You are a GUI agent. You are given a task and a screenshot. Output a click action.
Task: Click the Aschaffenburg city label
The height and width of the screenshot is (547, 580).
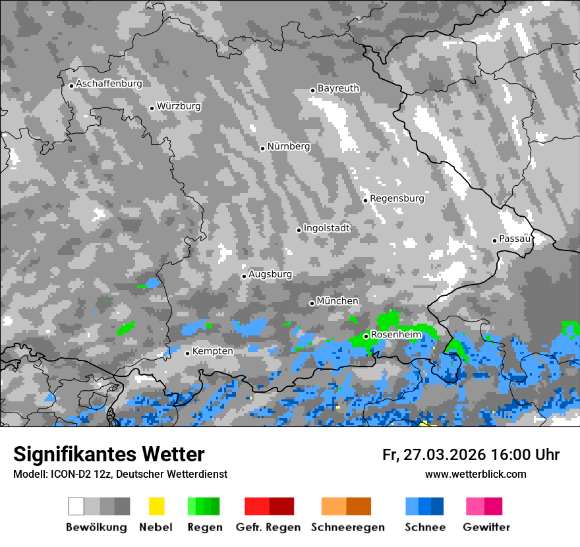109,84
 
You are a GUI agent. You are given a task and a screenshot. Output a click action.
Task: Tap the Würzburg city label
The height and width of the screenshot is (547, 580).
179,106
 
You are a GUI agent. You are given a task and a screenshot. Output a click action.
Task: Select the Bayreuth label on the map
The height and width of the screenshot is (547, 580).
338,88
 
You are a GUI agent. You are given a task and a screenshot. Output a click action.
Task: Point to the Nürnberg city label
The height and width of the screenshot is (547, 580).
288,146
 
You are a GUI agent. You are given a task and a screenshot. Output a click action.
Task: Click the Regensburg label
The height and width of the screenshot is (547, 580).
397,198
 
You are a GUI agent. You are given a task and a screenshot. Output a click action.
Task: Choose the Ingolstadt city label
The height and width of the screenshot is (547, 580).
326,228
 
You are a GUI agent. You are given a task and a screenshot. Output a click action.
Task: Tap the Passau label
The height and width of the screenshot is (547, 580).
515,239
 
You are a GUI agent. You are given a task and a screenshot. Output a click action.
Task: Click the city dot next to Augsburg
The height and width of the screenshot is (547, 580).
244,276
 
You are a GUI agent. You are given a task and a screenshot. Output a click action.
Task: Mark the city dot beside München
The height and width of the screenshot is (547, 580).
312,303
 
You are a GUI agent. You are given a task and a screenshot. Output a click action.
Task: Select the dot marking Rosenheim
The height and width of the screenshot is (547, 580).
366,336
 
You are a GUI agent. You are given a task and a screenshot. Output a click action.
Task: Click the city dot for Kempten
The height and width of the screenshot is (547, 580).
187,353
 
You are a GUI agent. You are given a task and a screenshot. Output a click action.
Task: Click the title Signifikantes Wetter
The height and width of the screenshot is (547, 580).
109,454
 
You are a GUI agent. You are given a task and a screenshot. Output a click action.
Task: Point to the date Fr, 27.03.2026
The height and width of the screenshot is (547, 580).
433,455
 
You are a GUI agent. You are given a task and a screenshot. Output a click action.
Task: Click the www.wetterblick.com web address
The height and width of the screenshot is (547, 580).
475,474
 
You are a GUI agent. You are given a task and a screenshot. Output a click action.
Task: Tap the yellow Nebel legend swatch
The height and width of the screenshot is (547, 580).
156,506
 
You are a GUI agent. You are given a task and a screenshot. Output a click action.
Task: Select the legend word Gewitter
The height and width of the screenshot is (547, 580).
486,527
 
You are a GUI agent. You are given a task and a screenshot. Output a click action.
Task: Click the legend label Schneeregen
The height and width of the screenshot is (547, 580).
347,527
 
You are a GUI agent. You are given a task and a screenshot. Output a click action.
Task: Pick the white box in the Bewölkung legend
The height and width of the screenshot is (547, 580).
76,506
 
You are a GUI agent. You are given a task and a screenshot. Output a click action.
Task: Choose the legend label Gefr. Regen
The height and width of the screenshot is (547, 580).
268,527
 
